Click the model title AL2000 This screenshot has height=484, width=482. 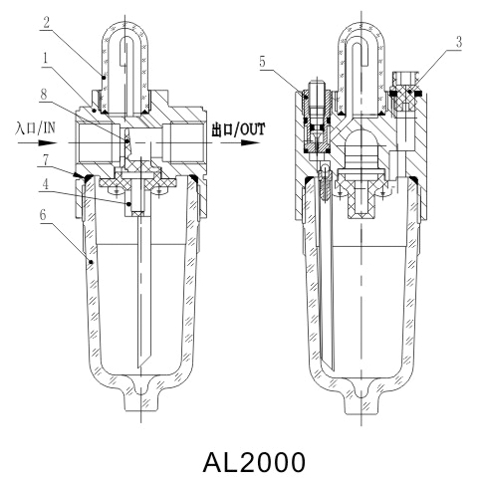(241, 462)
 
